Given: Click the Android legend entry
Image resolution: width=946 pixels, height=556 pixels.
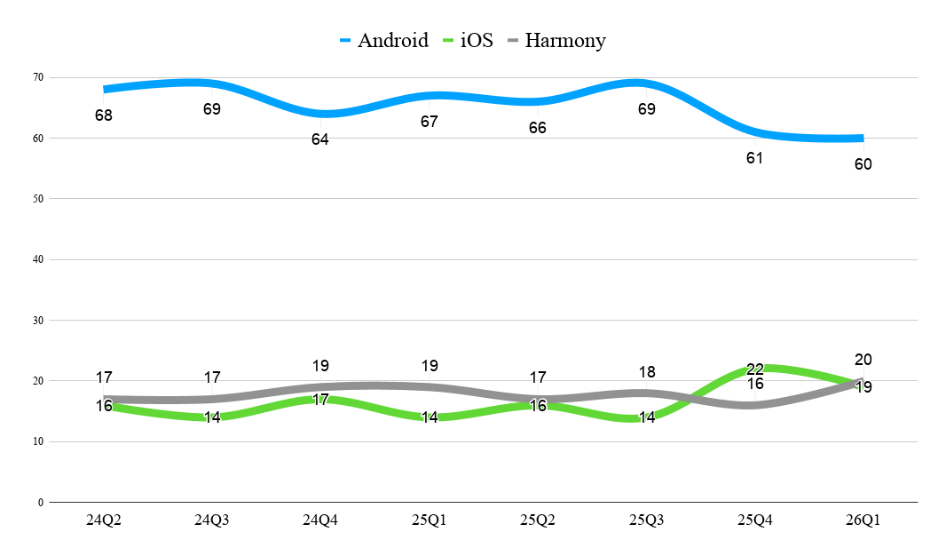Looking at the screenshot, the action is [383, 41].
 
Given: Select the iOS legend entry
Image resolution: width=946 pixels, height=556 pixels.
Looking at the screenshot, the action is [468, 41].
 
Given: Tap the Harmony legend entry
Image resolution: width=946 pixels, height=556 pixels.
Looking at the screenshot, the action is [556, 41].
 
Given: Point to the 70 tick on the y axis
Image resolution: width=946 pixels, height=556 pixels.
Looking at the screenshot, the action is [39, 77].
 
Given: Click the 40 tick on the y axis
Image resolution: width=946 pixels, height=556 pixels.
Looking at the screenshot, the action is [39, 259].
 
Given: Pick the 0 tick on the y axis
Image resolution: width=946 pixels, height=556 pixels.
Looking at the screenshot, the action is [41, 503].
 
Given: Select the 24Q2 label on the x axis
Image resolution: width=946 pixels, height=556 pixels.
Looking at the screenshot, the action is [104, 520].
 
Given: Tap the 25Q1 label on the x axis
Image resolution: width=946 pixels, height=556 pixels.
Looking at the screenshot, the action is [429, 520].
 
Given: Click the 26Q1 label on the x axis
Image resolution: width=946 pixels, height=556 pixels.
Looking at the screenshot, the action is [863, 520].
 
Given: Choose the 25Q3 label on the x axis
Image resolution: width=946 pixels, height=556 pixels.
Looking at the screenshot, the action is [646, 520].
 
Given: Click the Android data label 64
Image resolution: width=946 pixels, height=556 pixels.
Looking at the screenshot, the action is [319, 139].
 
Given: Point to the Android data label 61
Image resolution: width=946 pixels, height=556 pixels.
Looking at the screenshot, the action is [754, 158].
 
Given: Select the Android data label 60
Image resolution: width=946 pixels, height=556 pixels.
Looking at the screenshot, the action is [863, 164].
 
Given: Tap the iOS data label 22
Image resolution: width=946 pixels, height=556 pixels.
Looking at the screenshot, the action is [754, 369].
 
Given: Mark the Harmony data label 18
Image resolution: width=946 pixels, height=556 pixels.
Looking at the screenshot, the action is [647, 372].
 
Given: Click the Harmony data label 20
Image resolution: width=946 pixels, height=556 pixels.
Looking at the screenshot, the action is [863, 360].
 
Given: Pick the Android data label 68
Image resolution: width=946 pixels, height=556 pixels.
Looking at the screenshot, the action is [104, 115].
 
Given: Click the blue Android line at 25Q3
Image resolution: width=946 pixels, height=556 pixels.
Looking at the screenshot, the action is [646, 83].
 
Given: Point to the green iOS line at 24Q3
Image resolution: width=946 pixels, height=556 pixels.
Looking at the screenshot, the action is [212, 417].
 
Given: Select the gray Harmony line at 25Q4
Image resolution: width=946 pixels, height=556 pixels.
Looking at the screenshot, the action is [754, 404].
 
